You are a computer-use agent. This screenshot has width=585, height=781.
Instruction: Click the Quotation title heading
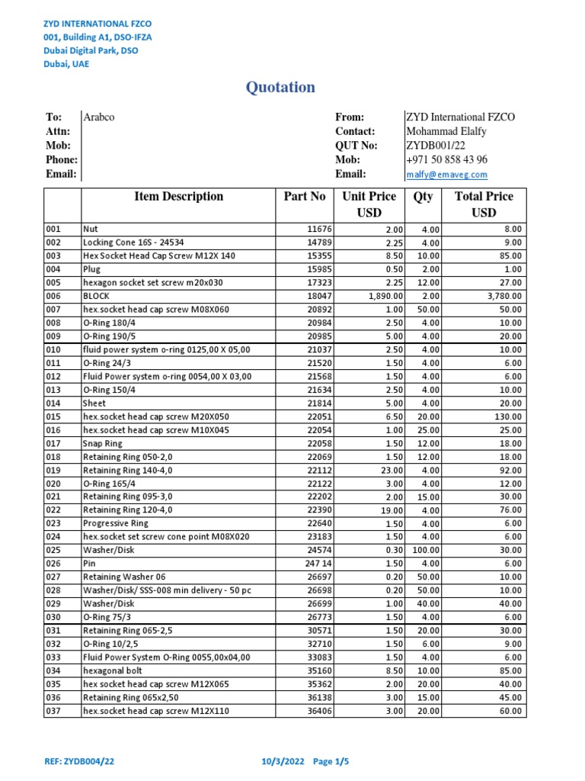[x=280, y=88]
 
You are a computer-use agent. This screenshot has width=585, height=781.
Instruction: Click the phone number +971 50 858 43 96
[x=447, y=160]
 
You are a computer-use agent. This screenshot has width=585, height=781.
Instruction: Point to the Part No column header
[x=305, y=197]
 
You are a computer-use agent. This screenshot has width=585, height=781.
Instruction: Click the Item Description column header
[x=178, y=197]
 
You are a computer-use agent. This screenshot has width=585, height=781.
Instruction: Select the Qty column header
[x=423, y=197]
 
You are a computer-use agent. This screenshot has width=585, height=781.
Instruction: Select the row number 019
[x=53, y=470]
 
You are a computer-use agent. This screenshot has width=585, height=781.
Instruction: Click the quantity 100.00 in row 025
[x=425, y=551]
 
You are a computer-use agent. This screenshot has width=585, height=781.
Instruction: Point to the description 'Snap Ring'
[x=102, y=443]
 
